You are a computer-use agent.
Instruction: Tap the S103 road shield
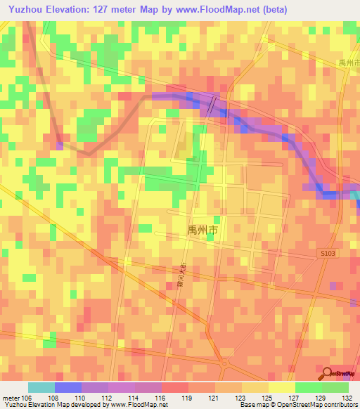[x=325, y=252]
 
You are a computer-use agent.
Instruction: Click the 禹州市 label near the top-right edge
[x=349, y=63]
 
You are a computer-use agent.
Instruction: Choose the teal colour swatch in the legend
[x=41, y=387]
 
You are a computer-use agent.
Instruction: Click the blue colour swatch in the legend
[x=68, y=387]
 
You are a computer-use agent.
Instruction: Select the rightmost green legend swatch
[x=335, y=387]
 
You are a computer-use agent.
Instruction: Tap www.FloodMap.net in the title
[x=217, y=9]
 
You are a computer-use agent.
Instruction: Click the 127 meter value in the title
[x=108, y=9]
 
